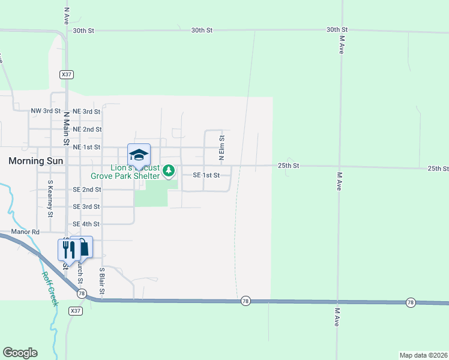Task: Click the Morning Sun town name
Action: [x=35, y=161]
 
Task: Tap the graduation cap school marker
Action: [x=139, y=155]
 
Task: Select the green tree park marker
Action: [x=169, y=172]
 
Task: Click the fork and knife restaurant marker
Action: [x=67, y=248]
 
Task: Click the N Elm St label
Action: [x=221, y=147]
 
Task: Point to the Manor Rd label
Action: [x=25, y=232]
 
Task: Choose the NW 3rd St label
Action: [x=46, y=111]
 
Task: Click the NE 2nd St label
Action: [x=86, y=129]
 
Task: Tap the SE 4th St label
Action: [x=86, y=224]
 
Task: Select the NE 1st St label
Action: [x=86, y=147]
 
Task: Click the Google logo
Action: [x=20, y=353]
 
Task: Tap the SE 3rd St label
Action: [x=86, y=206]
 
